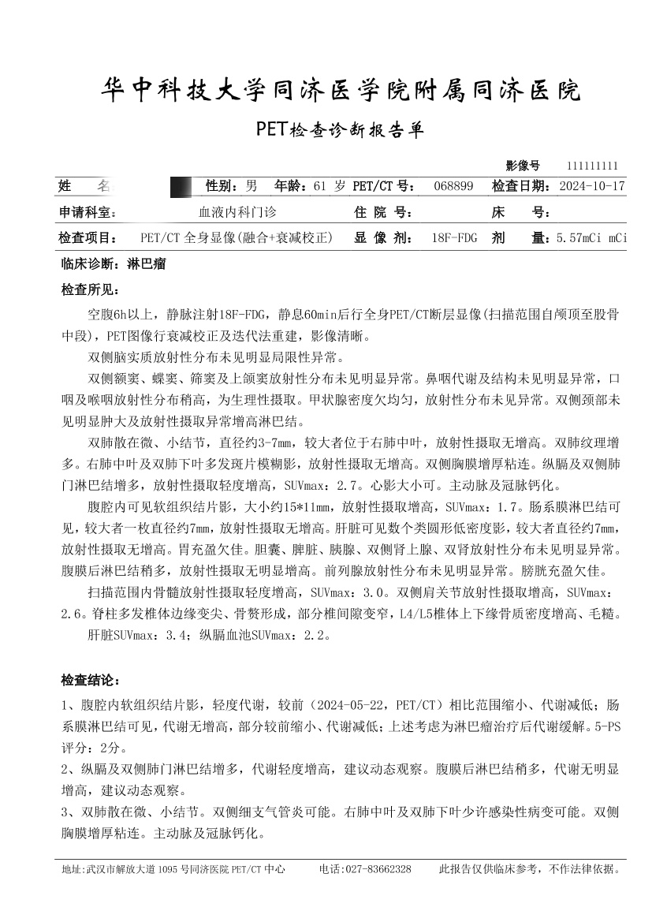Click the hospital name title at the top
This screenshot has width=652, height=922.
pyautogui.click(x=341, y=91)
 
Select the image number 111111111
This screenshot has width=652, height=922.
pyautogui.click(x=592, y=166)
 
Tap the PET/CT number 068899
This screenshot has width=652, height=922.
pyautogui.click(x=454, y=186)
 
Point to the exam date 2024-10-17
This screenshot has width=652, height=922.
pyautogui.click(x=591, y=186)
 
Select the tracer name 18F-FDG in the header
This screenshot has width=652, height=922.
pyautogui.click(x=455, y=237)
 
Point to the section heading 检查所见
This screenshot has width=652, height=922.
pyautogui.click(x=89, y=290)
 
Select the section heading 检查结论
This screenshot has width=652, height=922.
pyautogui.click(x=89, y=680)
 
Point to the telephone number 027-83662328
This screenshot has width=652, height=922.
pyautogui.click(x=376, y=869)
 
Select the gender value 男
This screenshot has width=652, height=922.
pyautogui.click(x=251, y=186)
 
